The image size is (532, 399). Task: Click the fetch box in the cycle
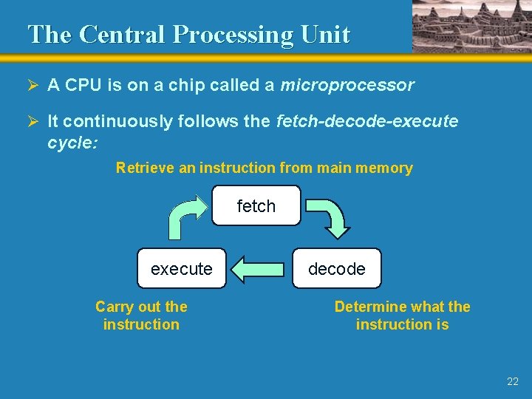click(256, 206)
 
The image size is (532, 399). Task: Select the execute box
click(182, 268)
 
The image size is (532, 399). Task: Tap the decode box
click(336, 268)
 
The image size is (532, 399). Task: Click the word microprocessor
click(347, 85)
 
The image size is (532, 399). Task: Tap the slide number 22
click(513, 381)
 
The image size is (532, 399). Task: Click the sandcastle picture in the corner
click(471, 26)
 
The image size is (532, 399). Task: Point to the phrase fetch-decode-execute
click(366, 121)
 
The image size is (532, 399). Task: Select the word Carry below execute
click(114, 307)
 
